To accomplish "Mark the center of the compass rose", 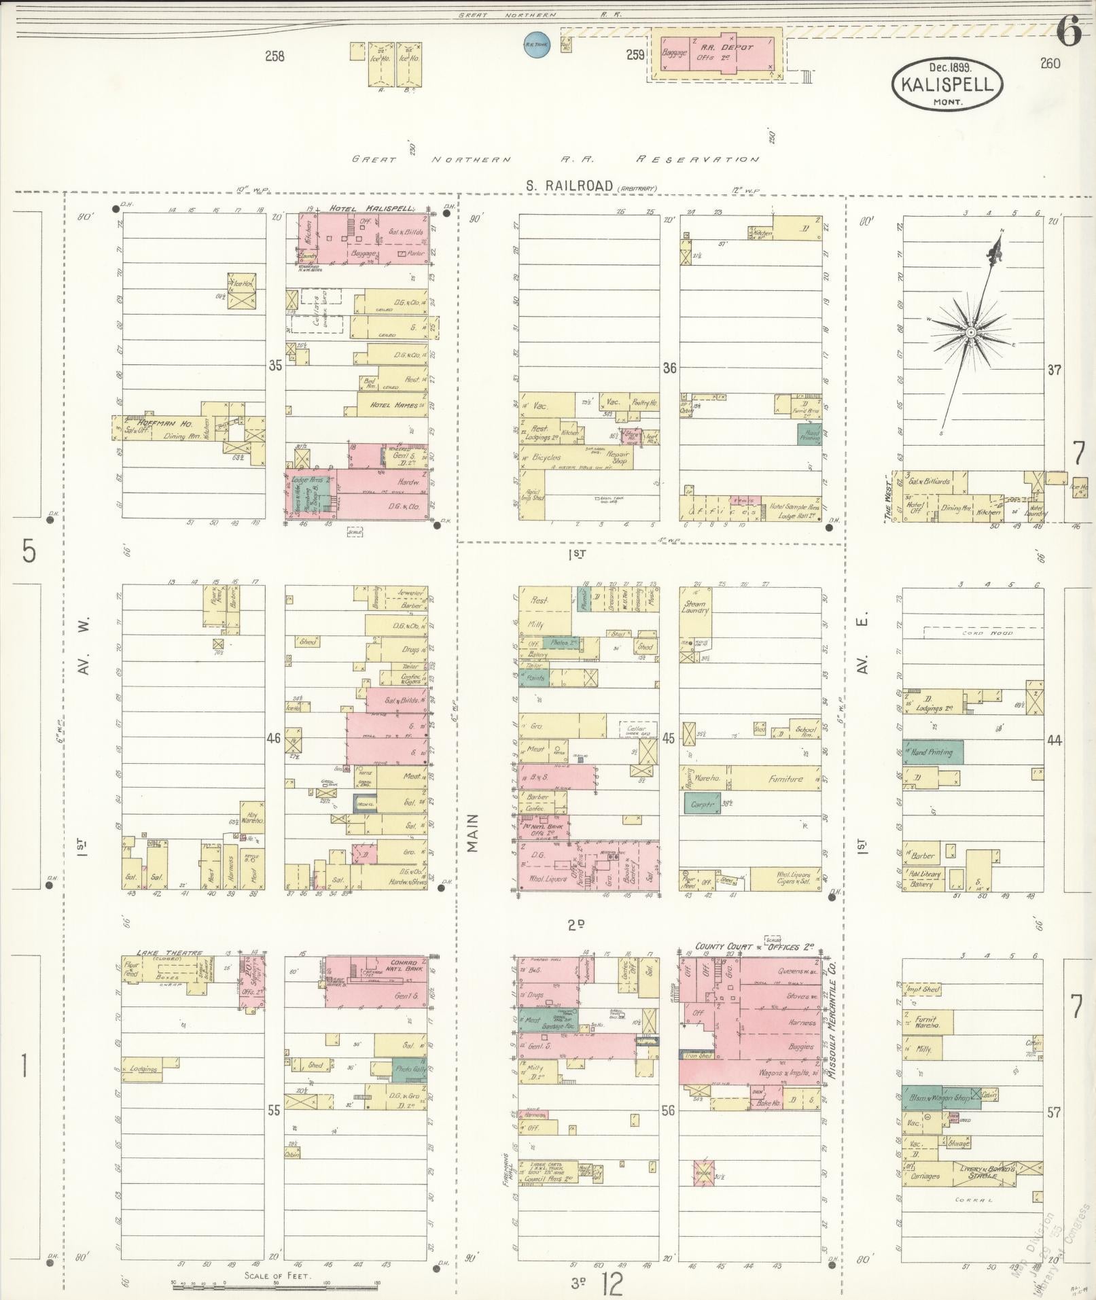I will click(971, 332).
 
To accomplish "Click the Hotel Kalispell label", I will click(372, 209).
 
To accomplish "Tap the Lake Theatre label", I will click(161, 953).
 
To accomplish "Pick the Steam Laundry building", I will click(694, 608).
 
